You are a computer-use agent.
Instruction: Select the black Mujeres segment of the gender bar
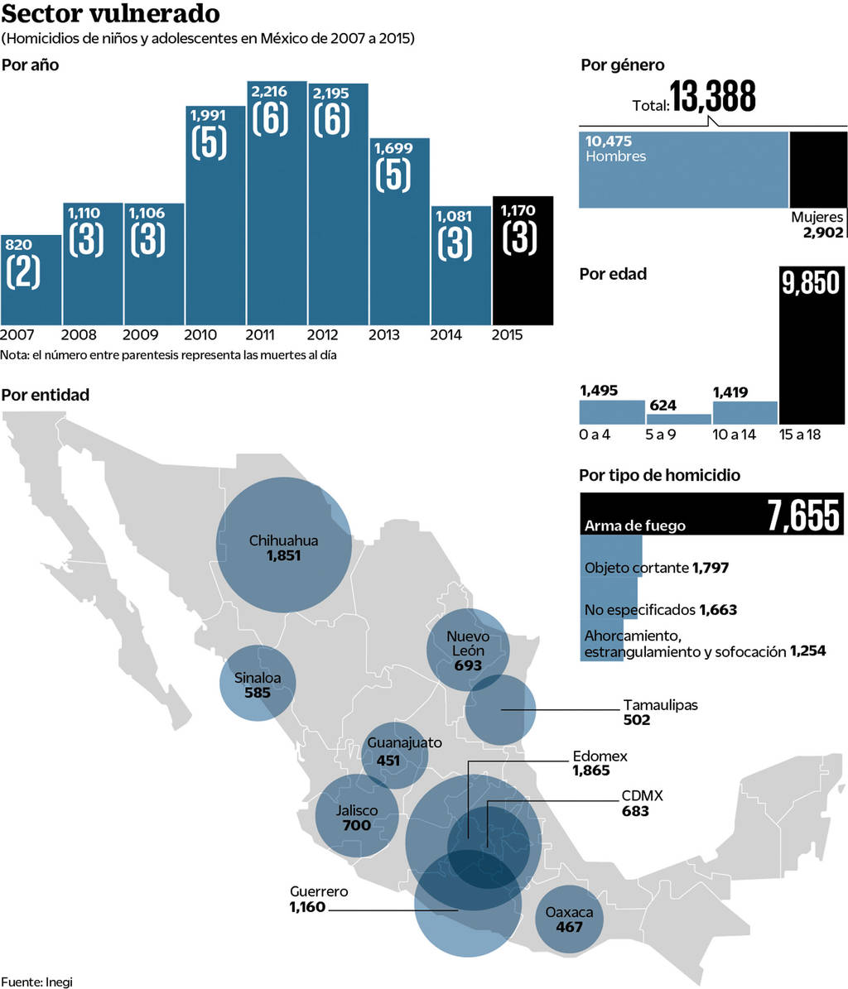pyautogui.click(x=818, y=169)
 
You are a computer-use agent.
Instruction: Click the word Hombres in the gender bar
pyautogui.click(x=615, y=156)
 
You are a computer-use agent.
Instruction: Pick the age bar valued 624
pyautogui.click(x=678, y=419)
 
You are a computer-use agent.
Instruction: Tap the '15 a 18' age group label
pyautogui.click(x=799, y=434)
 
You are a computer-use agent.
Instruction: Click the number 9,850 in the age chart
pyautogui.click(x=811, y=283)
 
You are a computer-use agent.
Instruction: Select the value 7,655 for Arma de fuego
pyautogui.click(x=803, y=516)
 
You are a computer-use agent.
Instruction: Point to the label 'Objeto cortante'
pyautogui.click(x=636, y=568)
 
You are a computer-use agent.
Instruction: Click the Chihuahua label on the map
pyautogui.click(x=283, y=540)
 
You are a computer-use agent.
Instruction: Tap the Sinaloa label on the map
pyautogui.click(x=258, y=679)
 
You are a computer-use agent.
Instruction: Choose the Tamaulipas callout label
pyautogui.click(x=660, y=705)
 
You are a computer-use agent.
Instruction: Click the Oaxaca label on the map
pyautogui.click(x=569, y=912)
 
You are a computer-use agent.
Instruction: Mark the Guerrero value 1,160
pyautogui.click(x=308, y=908)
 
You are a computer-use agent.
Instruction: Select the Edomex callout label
pyautogui.click(x=600, y=756)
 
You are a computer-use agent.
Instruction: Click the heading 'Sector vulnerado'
pyautogui.click(x=110, y=14)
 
